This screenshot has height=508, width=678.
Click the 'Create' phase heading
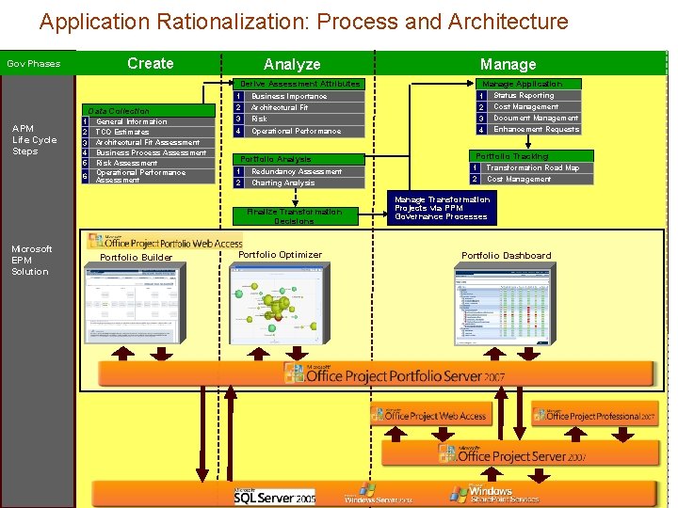(150, 63)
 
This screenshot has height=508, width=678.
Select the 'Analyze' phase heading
(292, 64)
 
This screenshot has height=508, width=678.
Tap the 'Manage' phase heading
(508, 64)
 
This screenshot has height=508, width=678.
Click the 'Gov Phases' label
(34, 64)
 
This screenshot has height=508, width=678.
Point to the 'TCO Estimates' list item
(122, 132)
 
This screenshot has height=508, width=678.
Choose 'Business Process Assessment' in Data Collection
(151, 152)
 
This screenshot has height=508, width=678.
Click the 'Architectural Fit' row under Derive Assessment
(280, 107)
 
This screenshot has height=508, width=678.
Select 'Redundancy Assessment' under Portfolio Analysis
(297, 171)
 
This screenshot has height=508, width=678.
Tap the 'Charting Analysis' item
(282, 183)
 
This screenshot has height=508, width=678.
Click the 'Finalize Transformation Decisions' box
(295, 216)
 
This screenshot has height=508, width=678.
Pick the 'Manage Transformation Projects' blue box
(442, 208)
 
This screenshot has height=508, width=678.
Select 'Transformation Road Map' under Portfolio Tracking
(532, 167)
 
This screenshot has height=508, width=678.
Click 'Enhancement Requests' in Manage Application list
(536, 129)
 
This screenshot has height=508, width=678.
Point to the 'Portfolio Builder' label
(136, 258)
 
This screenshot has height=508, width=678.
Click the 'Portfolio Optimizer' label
(280, 255)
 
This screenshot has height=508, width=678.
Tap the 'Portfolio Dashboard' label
(507, 256)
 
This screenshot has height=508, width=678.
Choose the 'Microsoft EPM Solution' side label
(31, 260)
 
